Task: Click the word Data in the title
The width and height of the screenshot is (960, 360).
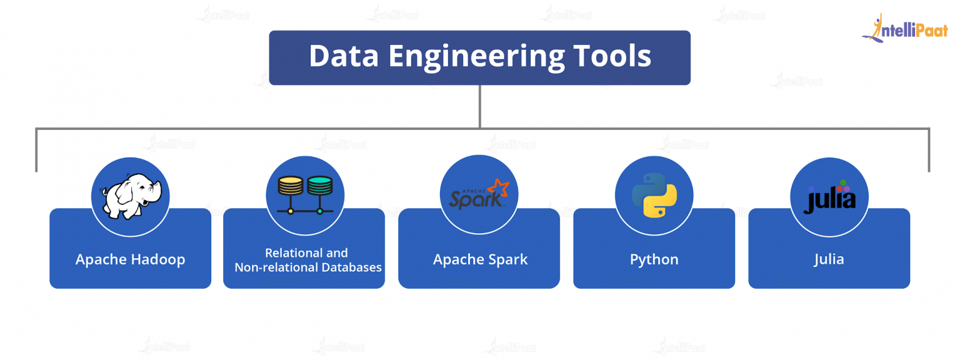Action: [344, 56]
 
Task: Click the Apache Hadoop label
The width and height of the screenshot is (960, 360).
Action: [130, 259]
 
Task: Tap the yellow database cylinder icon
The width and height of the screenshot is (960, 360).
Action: [290, 186]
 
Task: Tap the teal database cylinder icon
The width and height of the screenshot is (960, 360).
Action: [319, 186]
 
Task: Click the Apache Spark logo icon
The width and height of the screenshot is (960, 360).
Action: [479, 194]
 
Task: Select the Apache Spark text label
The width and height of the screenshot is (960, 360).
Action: [480, 259]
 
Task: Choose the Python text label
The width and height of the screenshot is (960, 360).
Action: [654, 259]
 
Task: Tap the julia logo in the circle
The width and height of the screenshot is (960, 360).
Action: [829, 197]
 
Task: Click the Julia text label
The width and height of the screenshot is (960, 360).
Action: [829, 259]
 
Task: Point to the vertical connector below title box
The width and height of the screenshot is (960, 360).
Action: [480, 106]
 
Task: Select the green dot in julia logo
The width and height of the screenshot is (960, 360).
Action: [842, 182]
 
